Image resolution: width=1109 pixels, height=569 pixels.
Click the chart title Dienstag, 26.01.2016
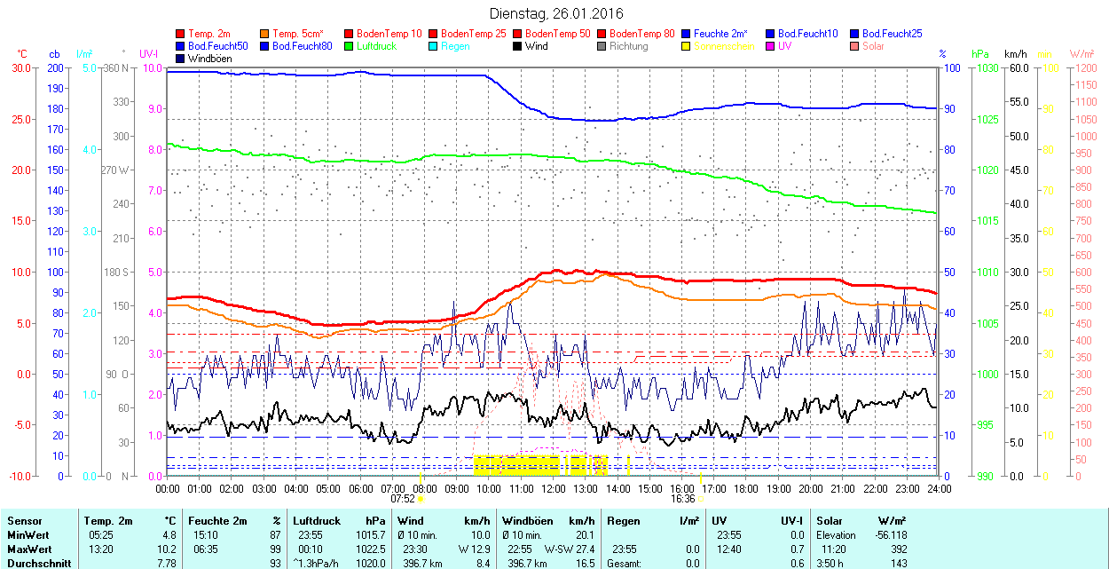tap(556, 13)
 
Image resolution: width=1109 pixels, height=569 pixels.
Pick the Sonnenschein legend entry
tap(724, 46)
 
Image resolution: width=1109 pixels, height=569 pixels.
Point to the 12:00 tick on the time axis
tap(554, 488)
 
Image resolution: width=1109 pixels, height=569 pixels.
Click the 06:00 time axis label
tap(360, 488)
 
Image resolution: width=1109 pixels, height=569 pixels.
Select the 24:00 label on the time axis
tap(939, 488)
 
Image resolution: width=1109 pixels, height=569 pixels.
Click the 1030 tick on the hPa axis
tap(984, 67)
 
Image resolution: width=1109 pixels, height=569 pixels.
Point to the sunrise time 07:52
tap(404, 498)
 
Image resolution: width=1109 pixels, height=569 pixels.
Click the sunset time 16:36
tap(681, 498)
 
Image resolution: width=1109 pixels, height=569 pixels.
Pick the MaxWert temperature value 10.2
tap(167, 549)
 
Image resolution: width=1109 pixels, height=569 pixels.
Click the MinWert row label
tap(29, 535)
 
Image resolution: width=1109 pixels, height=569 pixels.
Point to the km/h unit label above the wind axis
tap(1016, 54)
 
